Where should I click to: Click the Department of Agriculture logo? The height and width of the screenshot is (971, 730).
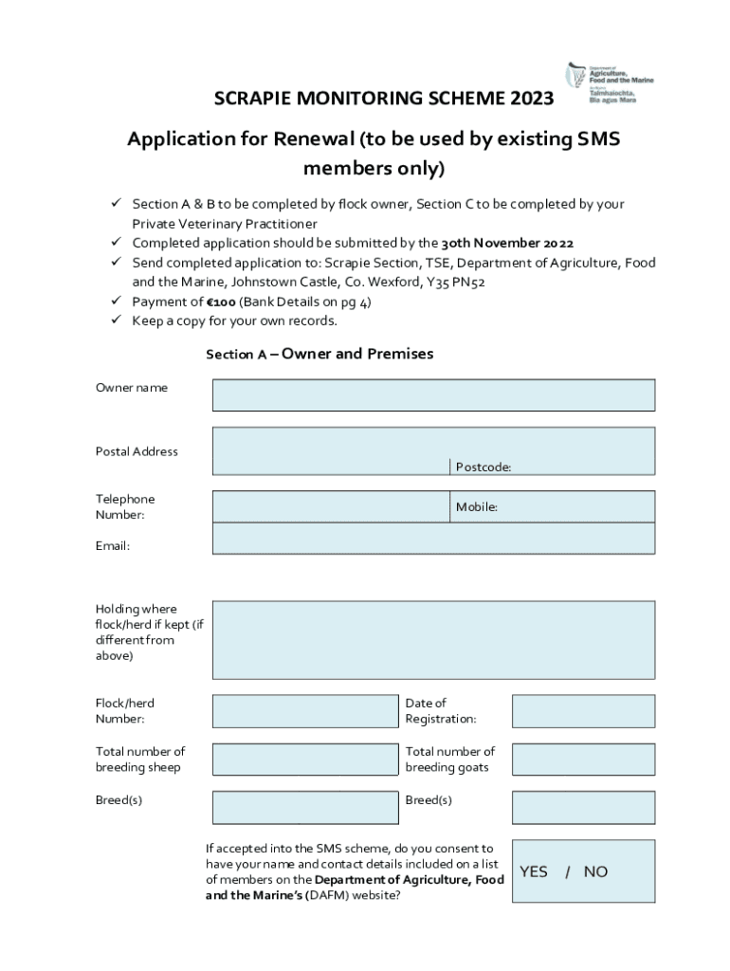[x=610, y=82]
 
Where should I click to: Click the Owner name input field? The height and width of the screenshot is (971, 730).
[x=433, y=394]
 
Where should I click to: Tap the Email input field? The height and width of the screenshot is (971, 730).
[x=433, y=539]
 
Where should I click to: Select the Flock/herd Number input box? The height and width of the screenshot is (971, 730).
[x=304, y=710]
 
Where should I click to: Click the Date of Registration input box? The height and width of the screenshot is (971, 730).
[x=583, y=710]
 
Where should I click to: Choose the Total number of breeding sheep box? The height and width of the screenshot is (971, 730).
[x=304, y=759]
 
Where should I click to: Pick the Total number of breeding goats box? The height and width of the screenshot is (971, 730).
[x=583, y=759]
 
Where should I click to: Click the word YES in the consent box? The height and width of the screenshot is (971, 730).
[x=534, y=871]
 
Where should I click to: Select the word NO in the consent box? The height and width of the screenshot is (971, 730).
[x=595, y=871]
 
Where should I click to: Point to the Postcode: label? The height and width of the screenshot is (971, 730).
[x=484, y=467]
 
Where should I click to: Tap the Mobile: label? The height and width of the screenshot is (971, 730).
[x=477, y=507]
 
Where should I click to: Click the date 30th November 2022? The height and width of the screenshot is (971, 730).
[x=507, y=243]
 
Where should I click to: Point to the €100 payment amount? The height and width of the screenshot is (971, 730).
[x=221, y=302]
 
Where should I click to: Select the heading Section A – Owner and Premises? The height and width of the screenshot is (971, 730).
[x=319, y=354]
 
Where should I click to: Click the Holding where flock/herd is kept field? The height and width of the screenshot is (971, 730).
[x=433, y=640]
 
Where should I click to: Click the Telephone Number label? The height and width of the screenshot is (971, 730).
[x=124, y=506]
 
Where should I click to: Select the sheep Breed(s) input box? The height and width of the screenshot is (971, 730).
[x=304, y=807]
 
